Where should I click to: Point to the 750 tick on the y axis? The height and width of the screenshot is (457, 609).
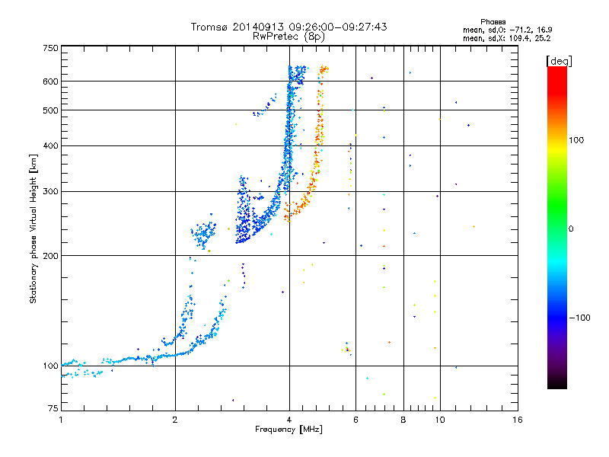pos(50,48)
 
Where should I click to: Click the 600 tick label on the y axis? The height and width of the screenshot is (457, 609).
pos(50,81)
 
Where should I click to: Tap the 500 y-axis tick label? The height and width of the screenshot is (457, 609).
pos(50,110)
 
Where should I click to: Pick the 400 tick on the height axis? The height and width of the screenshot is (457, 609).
pos(50,146)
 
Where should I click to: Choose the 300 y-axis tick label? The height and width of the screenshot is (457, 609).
pos(50,192)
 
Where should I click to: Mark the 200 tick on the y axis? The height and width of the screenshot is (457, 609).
pos(50,256)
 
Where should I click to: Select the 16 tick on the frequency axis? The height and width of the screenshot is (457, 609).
pos(517,420)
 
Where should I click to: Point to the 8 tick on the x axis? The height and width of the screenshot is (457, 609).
pos(403,420)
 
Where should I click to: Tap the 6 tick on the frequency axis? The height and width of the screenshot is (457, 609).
pos(356,420)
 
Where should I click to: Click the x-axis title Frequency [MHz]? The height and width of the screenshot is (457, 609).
pos(289,430)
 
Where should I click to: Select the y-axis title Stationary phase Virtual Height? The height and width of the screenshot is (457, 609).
pos(33,228)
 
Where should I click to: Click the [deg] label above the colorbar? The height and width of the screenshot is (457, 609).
pos(560,60)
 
